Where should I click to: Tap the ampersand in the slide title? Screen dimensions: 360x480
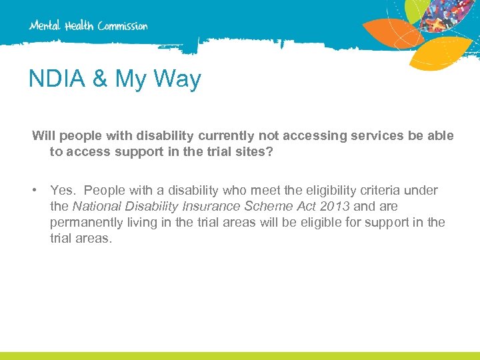click(101, 79)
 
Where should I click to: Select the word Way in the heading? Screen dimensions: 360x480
click(179, 79)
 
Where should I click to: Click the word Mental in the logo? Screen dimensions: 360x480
click(45, 26)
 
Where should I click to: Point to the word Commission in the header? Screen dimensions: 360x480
click(123, 26)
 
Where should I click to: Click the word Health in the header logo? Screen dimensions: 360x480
click(80, 26)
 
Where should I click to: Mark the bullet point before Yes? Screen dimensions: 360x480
click(35, 191)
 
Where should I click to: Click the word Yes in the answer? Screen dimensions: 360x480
click(63, 191)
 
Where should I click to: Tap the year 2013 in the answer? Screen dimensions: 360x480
click(335, 207)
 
